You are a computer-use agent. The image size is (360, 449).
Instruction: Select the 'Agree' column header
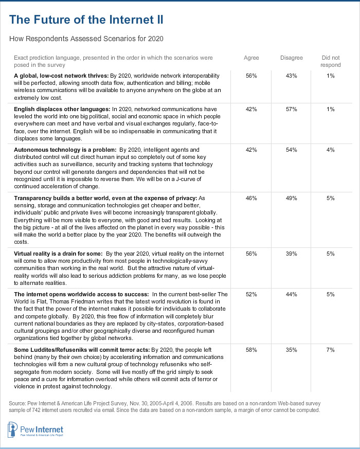click(x=251, y=58)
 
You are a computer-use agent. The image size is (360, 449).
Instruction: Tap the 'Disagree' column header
click(x=292, y=58)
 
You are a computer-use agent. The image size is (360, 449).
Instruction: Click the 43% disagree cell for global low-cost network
click(x=292, y=76)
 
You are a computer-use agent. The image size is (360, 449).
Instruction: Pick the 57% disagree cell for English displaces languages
click(x=292, y=110)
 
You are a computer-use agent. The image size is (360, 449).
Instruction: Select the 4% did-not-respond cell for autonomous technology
click(x=330, y=150)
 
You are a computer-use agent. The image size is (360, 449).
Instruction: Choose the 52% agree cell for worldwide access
click(x=251, y=294)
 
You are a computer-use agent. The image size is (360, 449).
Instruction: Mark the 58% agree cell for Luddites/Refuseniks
click(x=251, y=350)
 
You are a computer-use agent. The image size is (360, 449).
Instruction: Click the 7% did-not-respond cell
click(x=330, y=350)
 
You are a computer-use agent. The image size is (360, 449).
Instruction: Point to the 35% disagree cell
click(x=292, y=350)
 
